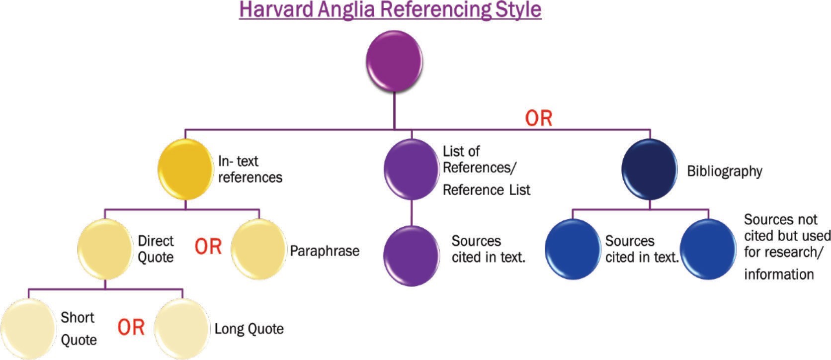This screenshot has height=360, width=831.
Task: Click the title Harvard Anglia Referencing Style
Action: [x=390, y=10]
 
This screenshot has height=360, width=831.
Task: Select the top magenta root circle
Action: [x=394, y=61]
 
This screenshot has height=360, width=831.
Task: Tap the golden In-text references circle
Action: [x=185, y=170]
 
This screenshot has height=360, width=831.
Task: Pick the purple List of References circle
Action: [x=411, y=170]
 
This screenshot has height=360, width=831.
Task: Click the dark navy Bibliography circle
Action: [x=650, y=170]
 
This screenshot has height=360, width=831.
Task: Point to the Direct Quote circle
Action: [x=105, y=249]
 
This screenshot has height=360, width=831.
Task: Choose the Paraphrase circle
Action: [x=259, y=249]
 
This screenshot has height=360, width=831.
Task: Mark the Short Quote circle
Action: [x=28, y=329]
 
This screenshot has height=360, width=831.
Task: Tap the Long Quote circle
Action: [x=182, y=329]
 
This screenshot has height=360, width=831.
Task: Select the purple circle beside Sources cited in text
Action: [x=411, y=256]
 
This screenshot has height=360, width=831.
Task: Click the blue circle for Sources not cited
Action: [x=707, y=249]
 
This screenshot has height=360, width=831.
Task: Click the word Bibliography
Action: [x=724, y=171]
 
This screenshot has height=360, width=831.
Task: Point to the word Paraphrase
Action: [x=325, y=251]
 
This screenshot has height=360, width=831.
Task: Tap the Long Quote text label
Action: [x=249, y=329]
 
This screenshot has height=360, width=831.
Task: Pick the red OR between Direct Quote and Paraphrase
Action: [x=208, y=247]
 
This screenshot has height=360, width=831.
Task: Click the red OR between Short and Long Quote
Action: [x=131, y=327]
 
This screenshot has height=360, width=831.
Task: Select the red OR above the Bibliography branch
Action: [x=539, y=118]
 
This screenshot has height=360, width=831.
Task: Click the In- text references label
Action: [x=250, y=169]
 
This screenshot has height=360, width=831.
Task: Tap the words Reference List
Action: [x=487, y=190]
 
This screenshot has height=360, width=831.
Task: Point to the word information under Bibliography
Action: [x=779, y=274]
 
